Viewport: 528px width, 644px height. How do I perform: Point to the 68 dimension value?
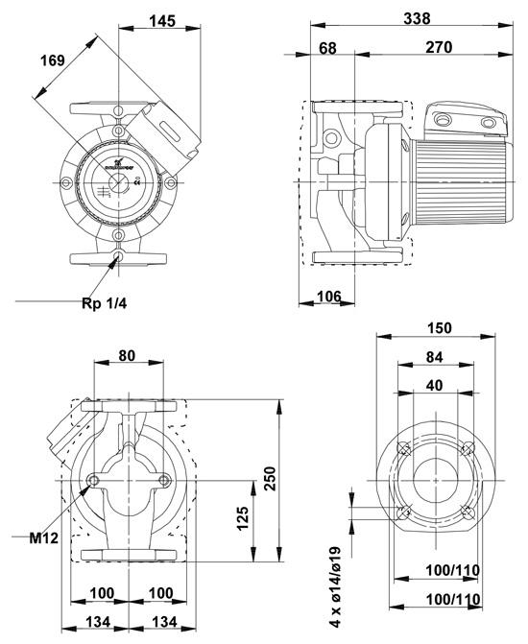click(327, 47)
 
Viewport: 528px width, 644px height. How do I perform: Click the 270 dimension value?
click(438, 47)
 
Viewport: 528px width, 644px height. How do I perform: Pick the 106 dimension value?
click(329, 296)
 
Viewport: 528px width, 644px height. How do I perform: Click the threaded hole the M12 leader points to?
click(92, 480)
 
